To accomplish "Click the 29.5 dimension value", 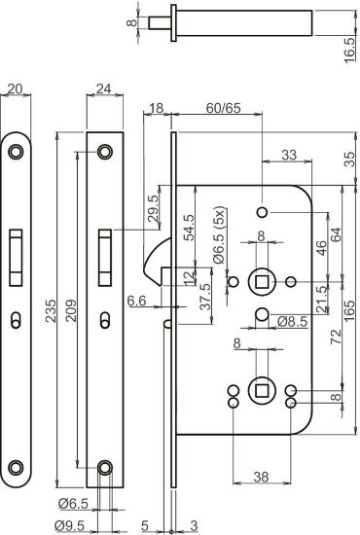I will pyautogui.click(x=154, y=214).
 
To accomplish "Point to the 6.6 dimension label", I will pyautogui.click(x=138, y=303).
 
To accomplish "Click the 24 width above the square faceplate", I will pyautogui.click(x=103, y=91).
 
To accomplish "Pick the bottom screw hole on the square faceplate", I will pyautogui.click(x=104, y=469).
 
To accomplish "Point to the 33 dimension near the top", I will pyautogui.click(x=290, y=155).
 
